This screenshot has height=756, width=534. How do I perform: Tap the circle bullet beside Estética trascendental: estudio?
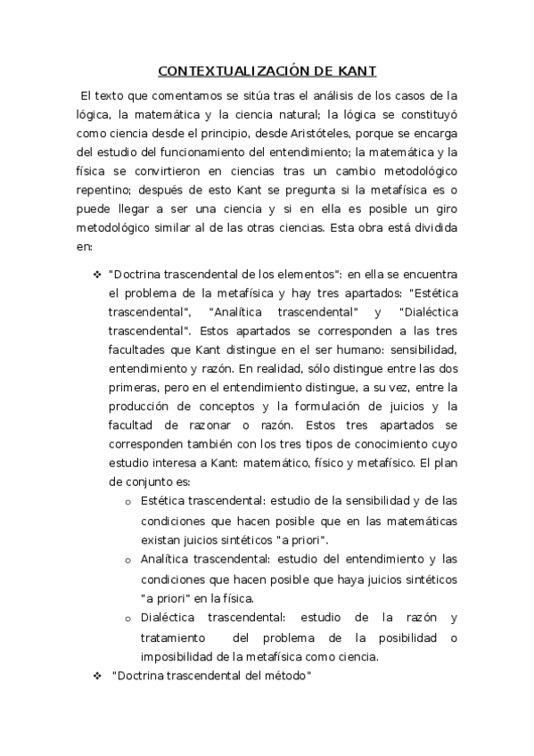point(128,500)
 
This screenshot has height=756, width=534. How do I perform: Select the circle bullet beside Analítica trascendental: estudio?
point(128,560)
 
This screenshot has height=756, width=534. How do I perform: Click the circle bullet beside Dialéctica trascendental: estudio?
point(128,619)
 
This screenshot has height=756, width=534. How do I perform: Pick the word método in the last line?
point(283,677)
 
